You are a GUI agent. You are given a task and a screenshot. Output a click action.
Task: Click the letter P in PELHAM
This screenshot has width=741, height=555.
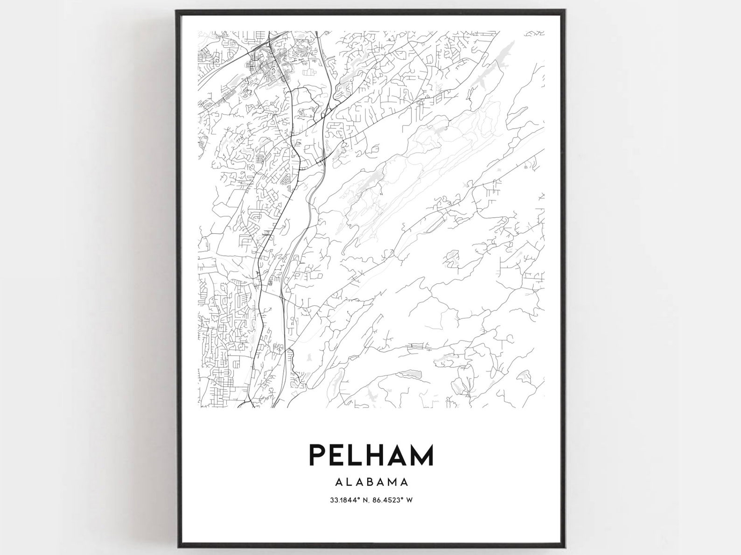tap(317, 456)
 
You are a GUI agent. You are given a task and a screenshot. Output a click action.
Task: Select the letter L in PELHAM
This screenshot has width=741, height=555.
tap(357, 456)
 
